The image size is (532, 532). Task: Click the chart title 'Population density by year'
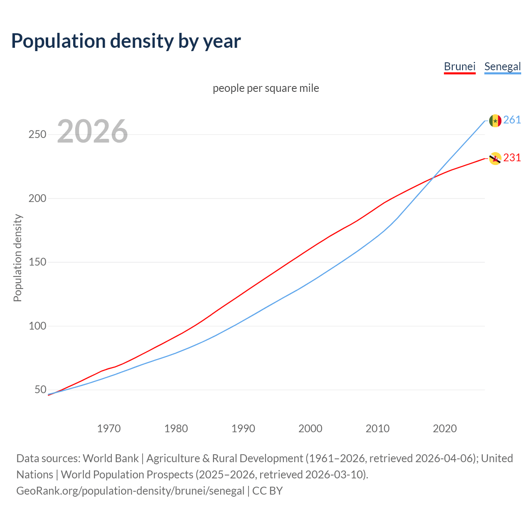(x=126, y=41)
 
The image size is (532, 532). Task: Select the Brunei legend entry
(x=459, y=66)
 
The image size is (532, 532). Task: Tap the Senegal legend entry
(x=502, y=66)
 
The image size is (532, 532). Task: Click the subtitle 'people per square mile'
(x=266, y=88)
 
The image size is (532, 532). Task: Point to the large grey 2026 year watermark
(x=92, y=131)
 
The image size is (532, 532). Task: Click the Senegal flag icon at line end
(x=495, y=121)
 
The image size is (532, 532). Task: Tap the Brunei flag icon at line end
(x=495, y=158)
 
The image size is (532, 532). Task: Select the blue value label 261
(x=512, y=120)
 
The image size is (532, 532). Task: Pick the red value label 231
(x=512, y=158)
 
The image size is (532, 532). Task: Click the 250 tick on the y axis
(x=37, y=135)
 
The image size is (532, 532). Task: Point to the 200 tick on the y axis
(x=37, y=198)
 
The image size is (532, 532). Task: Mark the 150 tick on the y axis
(x=37, y=262)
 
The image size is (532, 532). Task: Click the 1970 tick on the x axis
(x=109, y=429)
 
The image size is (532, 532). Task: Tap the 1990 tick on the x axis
(x=243, y=429)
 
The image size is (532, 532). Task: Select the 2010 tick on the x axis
(x=377, y=429)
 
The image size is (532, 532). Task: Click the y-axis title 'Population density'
(x=17, y=258)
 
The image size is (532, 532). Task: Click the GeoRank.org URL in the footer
(x=130, y=491)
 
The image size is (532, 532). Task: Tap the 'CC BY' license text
(x=267, y=491)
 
